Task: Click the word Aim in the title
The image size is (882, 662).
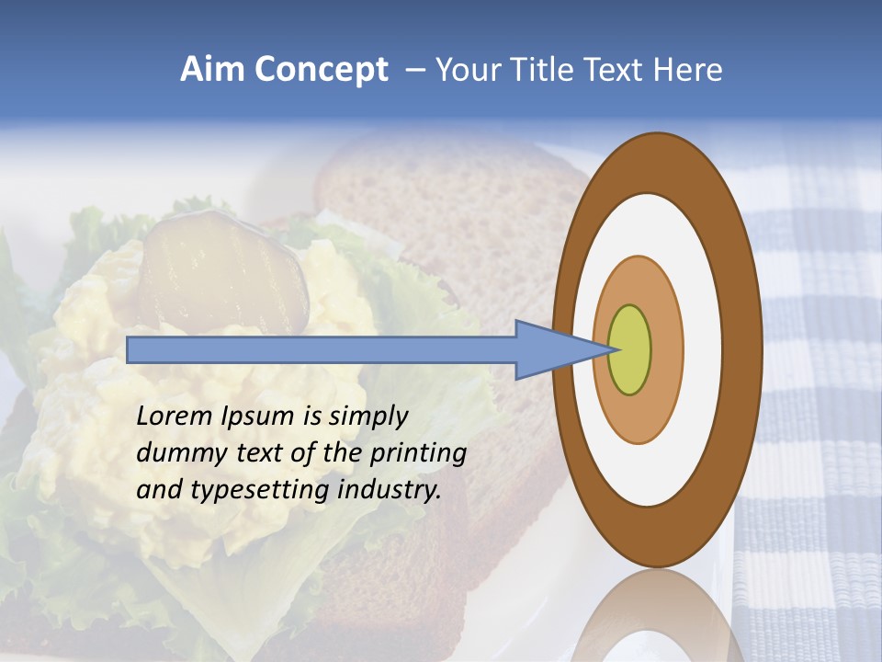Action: click(x=211, y=70)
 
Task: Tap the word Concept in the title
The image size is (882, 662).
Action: click(x=321, y=71)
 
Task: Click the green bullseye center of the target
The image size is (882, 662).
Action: click(x=629, y=349)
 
